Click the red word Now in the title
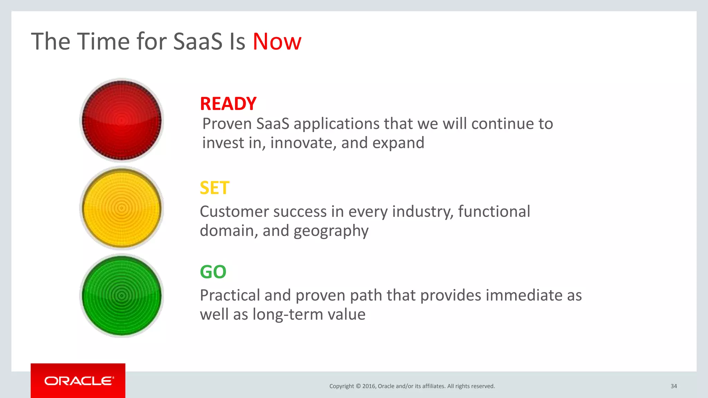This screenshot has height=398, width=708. pos(277,42)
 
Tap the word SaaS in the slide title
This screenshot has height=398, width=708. pos(197,42)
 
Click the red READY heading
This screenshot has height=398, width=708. pos(228,104)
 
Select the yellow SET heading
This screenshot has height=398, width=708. pos(214,188)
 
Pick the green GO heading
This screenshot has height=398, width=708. pos(213,272)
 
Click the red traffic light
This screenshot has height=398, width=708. pos(122,120)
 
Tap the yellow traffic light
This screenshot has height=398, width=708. pos(122,208)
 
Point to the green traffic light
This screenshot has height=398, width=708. pos(122,296)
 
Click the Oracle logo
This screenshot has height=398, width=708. pos(78,381)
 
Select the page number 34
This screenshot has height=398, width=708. pos(673,386)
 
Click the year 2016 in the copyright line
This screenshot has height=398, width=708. pos(369,386)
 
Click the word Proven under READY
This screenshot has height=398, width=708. pos(227,124)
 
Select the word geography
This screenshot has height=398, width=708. pos(331,231)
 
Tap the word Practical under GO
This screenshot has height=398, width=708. pos(230,296)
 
